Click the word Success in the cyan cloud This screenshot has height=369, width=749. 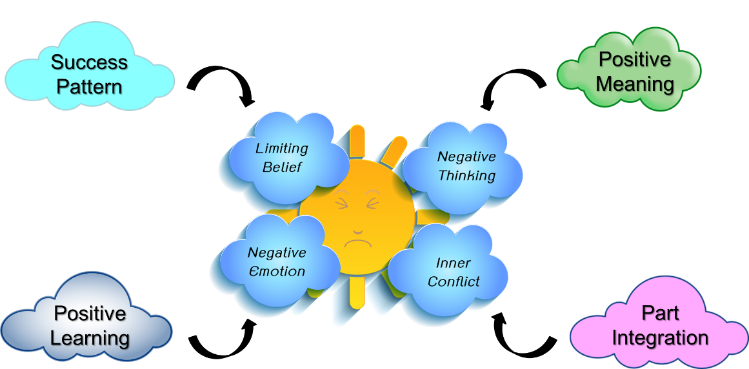[89, 62]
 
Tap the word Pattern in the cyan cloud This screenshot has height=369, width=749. [89, 86]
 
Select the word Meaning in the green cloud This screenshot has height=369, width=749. [635, 84]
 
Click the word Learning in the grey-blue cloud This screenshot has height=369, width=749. [90, 337]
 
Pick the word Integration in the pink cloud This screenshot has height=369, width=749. [660, 337]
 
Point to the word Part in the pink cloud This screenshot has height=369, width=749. [660, 313]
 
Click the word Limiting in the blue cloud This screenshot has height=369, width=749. [282, 148]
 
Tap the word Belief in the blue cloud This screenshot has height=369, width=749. [282, 167]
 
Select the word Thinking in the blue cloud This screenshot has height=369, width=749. [466, 175]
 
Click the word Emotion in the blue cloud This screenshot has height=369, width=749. [277, 271]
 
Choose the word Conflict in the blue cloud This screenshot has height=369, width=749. [454, 281]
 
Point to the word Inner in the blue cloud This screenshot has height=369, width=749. [453, 263]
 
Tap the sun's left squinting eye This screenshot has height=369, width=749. [339, 204]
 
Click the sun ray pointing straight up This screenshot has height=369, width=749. [357, 142]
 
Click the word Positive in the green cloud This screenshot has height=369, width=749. [635, 59]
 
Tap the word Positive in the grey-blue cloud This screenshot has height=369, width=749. [90, 314]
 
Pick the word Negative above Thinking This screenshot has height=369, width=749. [466, 156]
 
